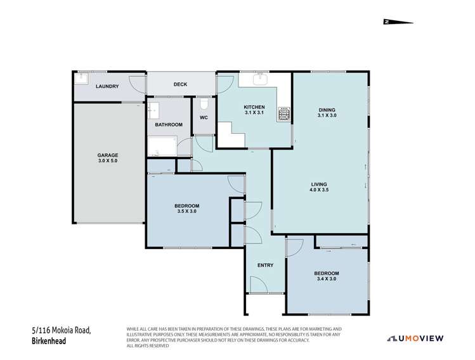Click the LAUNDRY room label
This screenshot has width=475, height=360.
coord(107,86)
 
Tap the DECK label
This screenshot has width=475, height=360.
coord(181,84)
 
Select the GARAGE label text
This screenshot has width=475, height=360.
coord(107,155)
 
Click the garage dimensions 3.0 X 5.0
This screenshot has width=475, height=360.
coord(107,162)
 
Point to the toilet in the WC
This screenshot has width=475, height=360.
coord(204,103)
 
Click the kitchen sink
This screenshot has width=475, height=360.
coord(260,80)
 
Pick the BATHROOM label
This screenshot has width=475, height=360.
coord(169,125)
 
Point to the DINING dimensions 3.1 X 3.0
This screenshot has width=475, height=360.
coord(327,115)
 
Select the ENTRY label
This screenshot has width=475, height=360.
coord(265,265)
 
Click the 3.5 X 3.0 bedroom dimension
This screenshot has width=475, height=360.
coord(188,212)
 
